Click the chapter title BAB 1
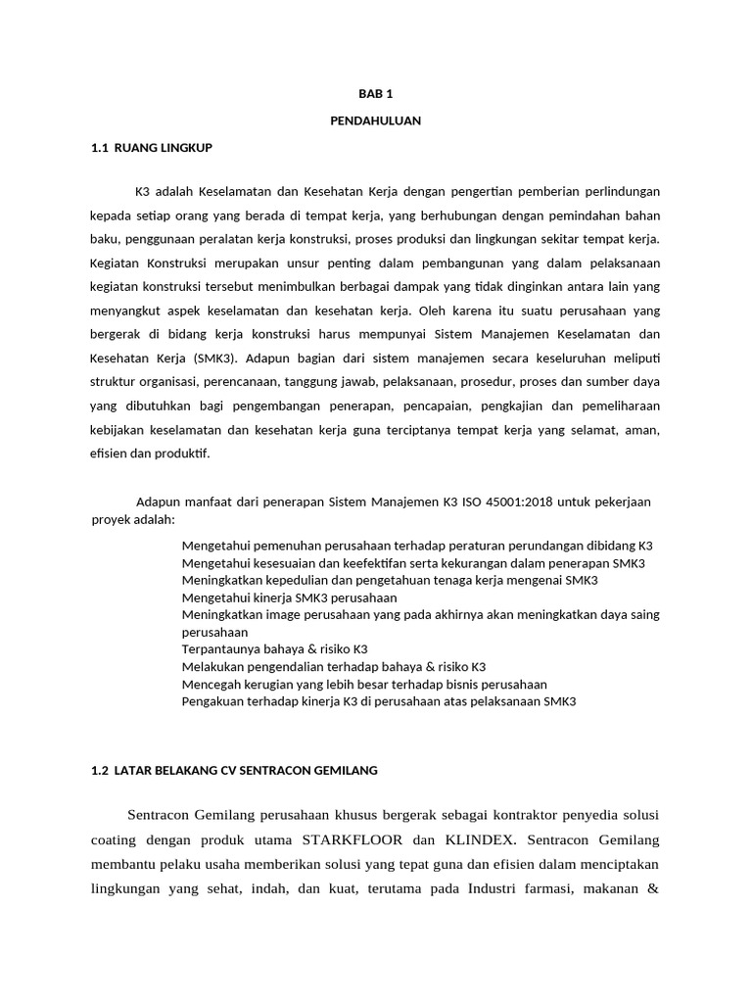(375, 94)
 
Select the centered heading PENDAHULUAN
(375, 120)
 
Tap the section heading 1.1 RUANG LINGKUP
(151, 147)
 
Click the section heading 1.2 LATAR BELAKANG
(233, 770)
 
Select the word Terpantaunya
(223, 648)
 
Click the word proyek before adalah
(112, 519)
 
